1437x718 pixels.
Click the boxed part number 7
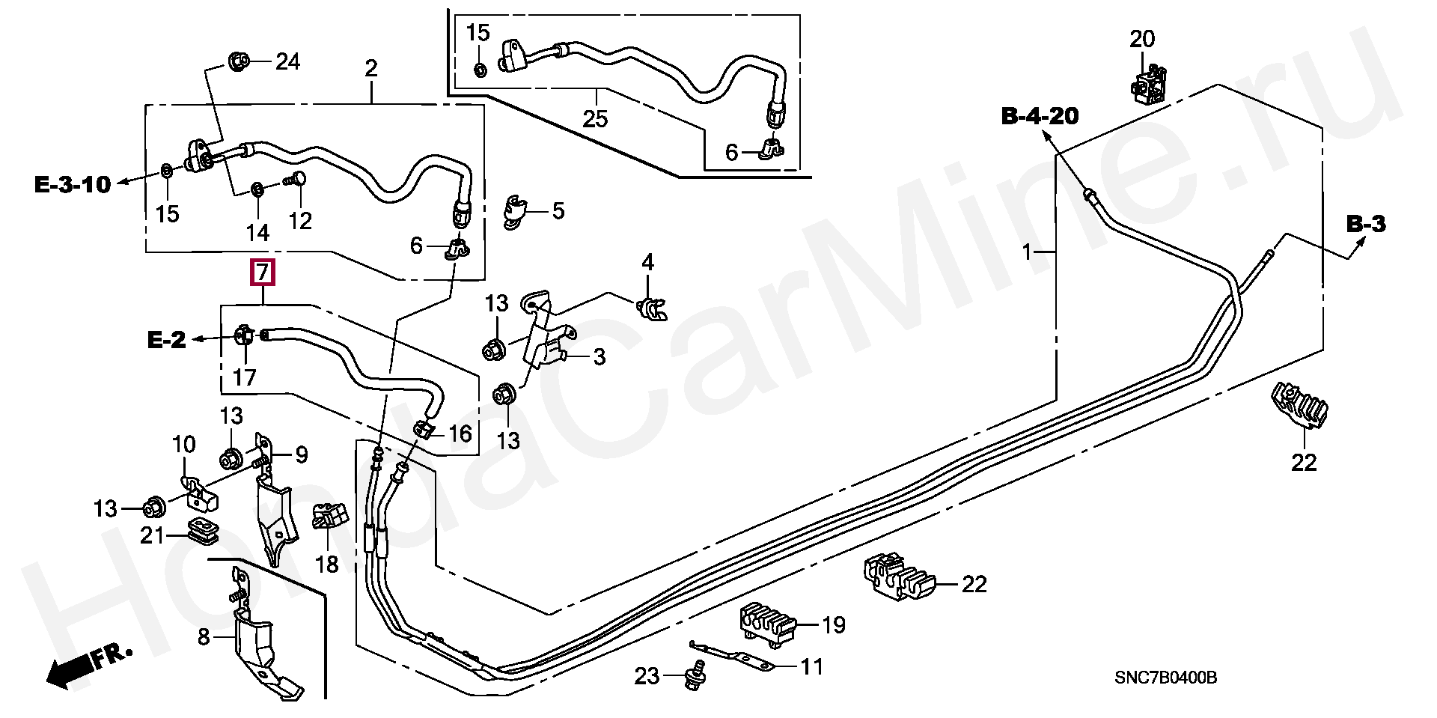(x=262, y=273)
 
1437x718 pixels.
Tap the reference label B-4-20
(x=1040, y=117)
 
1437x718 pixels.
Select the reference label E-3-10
(x=73, y=184)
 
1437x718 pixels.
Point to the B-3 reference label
(x=1366, y=224)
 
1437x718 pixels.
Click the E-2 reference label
(x=166, y=341)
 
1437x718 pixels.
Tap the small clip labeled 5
(x=516, y=210)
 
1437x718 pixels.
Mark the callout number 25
(x=597, y=118)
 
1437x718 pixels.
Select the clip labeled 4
(x=650, y=308)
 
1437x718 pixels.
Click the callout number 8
(x=203, y=638)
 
